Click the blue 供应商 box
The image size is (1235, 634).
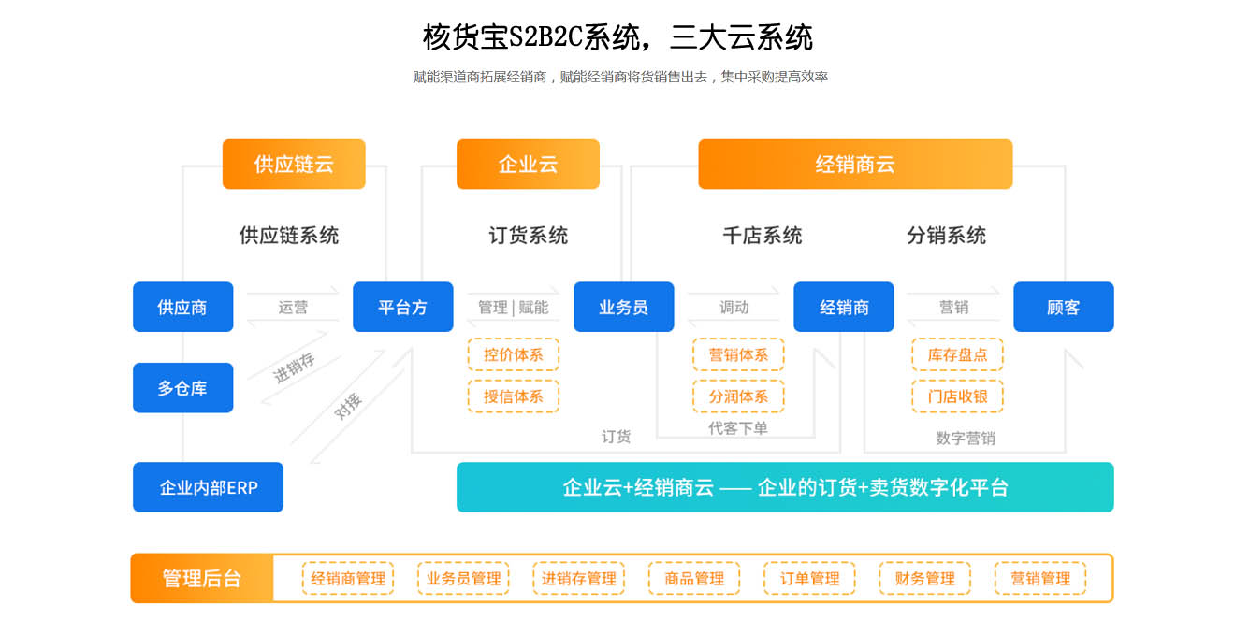pyautogui.click(x=182, y=307)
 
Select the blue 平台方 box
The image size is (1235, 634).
pyautogui.click(x=402, y=307)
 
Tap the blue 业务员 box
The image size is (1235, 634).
pyautogui.click(x=623, y=307)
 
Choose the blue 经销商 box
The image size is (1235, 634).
pyautogui.click(x=844, y=307)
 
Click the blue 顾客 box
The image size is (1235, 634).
pyautogui.click(x=1063, y=307)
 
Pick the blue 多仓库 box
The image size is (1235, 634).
pyautogui.click(x=182, y=387)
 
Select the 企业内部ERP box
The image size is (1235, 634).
pyautogui.click(x=208, y=487)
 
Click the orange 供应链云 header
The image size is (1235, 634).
pyautogui.click(x=294, y=165)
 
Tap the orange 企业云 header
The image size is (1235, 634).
pyautogui.click(x=528, y=165)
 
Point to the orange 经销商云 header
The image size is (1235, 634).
pyautogui.click(x=855, y=165)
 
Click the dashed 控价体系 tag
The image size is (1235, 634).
pyautogui.click(x=514, y=355)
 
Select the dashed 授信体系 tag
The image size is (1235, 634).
pyautogui.click(x=514, y=396)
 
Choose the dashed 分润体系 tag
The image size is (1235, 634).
pyautogui.click(x=738, y=396)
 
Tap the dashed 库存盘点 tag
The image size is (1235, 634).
pyautogui.click(x=957, y=355)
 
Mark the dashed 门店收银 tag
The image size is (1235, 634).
pyautogui.click(x=957, y=396)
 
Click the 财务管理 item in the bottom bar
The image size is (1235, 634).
pyautogui.click(x=924, y=579)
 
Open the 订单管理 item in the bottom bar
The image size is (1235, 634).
pyautogui.click(x=809, y=579)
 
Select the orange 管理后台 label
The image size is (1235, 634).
pyautogui.click(x=202, y=578)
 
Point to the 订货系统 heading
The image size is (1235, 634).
pyautogui.click(x=528, y=236)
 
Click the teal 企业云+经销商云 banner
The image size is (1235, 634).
pyautogui.click(x=785, y=487)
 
